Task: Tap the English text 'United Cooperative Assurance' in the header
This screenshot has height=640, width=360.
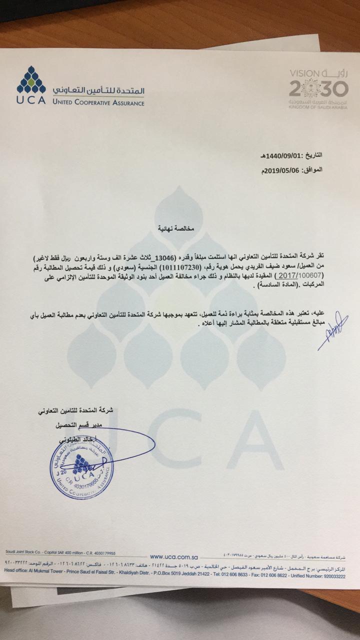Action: [98, 103]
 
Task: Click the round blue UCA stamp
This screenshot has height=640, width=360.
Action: [81, 470]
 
